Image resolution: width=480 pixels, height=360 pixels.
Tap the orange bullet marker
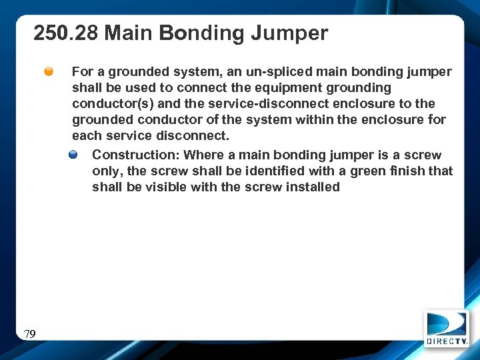pos(49,71)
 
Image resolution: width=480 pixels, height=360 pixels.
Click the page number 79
pos(29,334)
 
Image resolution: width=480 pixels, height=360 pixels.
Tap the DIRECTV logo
pos(447,328)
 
